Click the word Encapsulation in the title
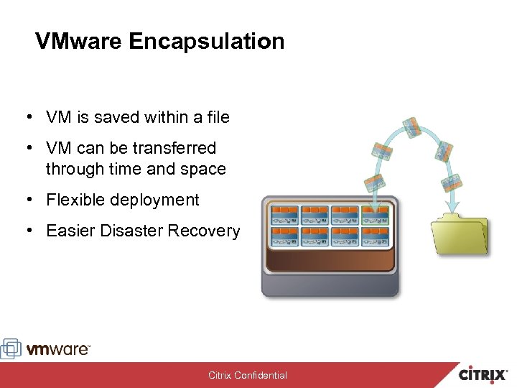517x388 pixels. [x=207, y=41]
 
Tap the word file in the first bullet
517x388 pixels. [x=216, y=117]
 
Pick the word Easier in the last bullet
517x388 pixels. [x=68, y=231]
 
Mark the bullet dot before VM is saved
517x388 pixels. [x=26, y=117]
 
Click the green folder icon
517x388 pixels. [x=460, y=234]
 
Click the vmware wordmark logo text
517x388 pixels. [x=59, y=349]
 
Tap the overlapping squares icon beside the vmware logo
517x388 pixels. [x=11, y=348]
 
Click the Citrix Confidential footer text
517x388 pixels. [x=248, y=375]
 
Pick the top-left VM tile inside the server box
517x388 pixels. [x=283, y=214]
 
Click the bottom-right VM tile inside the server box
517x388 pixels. [x=376, y=236]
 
